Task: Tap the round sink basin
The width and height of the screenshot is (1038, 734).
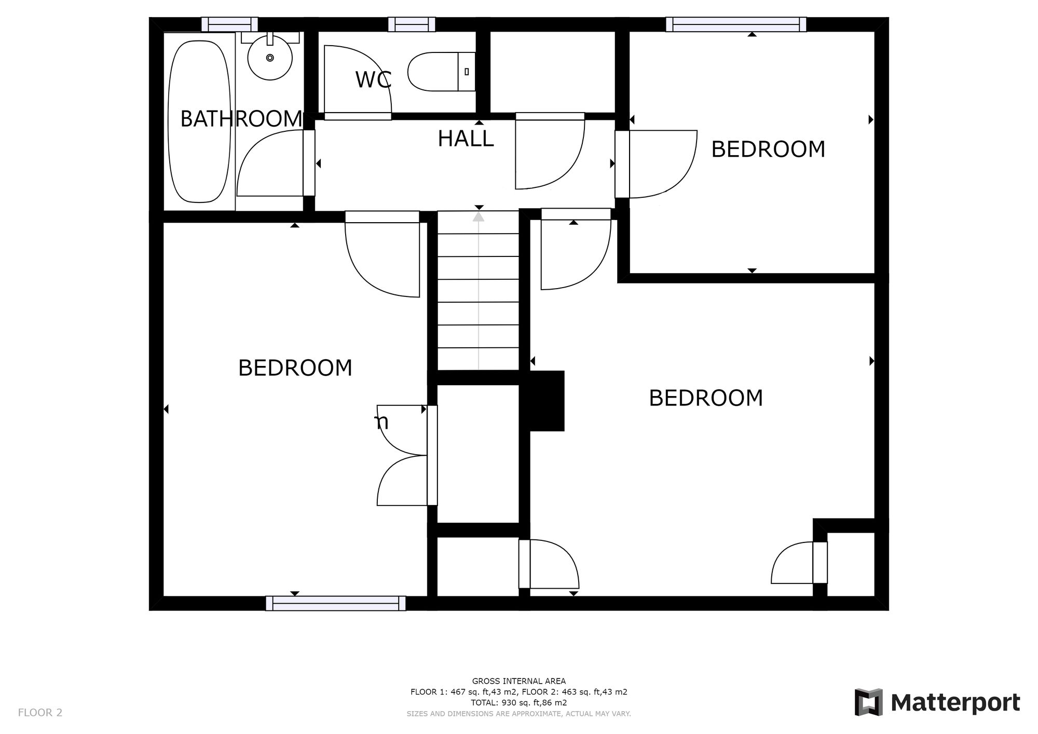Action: pos(270,58)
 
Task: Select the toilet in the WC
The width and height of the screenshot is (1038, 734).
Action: pos(441,71)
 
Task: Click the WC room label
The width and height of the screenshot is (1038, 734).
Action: pos(373,80)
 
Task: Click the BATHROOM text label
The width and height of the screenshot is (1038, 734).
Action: pos(241,119)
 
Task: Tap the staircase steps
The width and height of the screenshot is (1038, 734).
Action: pos(478,291)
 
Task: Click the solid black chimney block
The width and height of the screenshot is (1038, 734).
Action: pos(546,400)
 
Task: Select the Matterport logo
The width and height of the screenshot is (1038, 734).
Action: pos(937,703)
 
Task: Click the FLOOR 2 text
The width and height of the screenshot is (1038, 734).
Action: pos(40,713)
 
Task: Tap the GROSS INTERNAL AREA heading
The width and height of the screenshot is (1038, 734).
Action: pos(518,681)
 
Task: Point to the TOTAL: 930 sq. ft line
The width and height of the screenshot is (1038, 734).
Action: pos(518,703)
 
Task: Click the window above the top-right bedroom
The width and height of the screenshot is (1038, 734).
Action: pos(736,24)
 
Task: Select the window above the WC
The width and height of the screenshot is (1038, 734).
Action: pos(412,24)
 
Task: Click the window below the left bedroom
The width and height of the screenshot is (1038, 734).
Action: pos(335,603)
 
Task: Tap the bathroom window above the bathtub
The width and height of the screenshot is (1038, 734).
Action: pos(229,24)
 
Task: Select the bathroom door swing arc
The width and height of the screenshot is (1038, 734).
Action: pos(270,163)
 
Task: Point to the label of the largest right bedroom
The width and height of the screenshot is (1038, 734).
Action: pos(706,398)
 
